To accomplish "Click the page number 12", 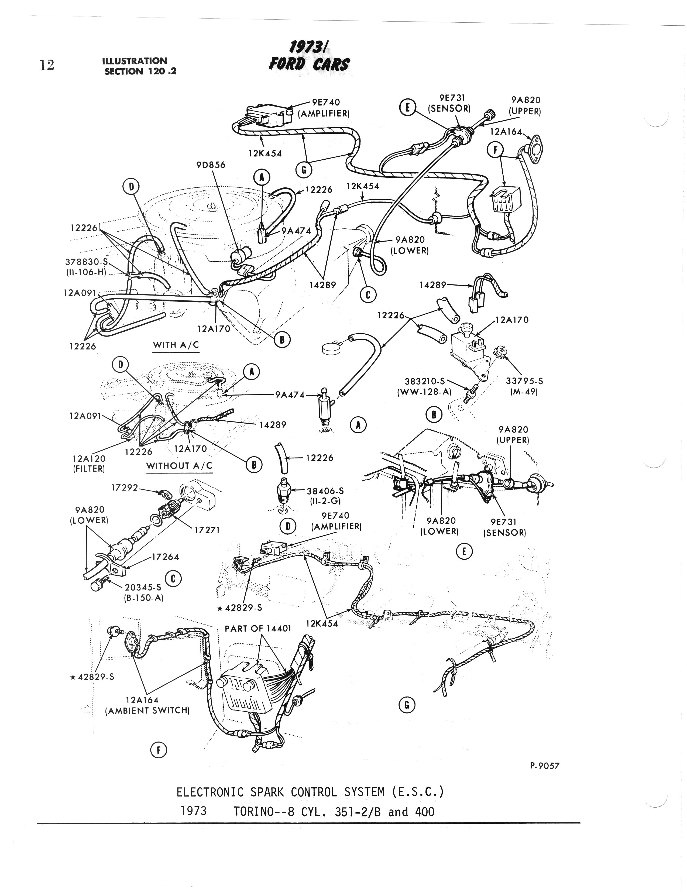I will pos(47,65).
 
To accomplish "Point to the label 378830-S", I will pos(86,261).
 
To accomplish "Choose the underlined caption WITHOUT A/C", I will pos(179,466).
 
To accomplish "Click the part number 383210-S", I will pos(424,381).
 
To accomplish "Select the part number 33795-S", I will pos(524,381).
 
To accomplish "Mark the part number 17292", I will pos(125,487).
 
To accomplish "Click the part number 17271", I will pos(207,530).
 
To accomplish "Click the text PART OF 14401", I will pos(258,628).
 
